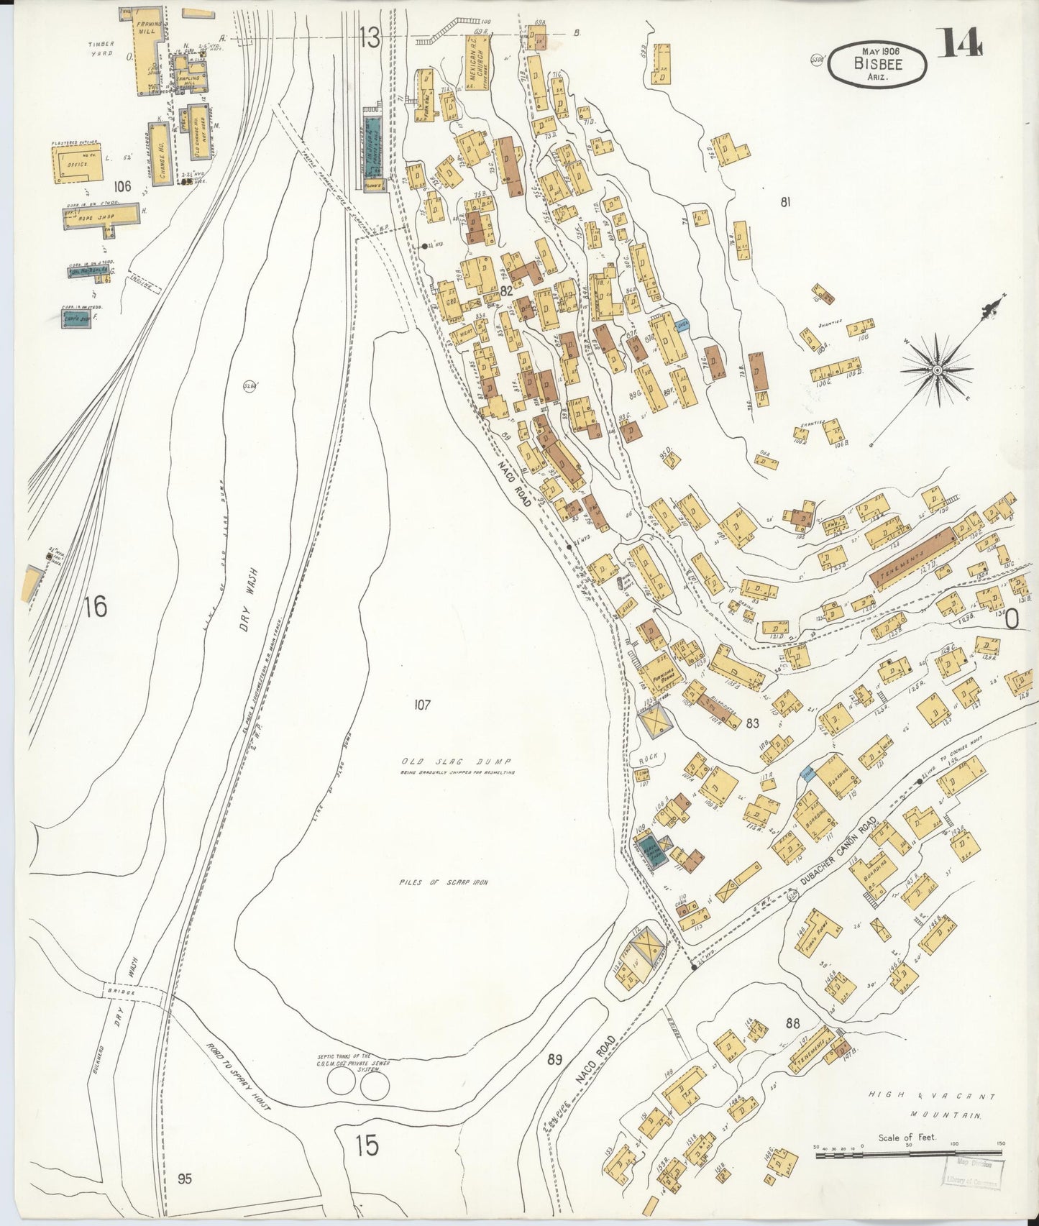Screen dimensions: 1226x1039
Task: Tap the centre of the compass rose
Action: (x=937, y=370)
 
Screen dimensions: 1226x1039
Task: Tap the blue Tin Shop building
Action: (x=371, y=148)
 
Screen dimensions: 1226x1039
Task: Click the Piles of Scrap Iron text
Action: (x=441, y=882)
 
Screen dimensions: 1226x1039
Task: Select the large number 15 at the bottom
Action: (x=367, y=1145)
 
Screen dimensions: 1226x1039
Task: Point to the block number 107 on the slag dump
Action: (x=421, y=705)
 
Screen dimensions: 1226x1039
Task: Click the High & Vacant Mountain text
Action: (x=931, y=1115)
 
